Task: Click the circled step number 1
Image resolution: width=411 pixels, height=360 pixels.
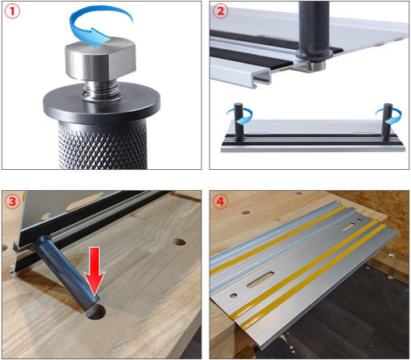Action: click(x=12, y=11)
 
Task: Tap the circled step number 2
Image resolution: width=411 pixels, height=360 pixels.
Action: click(x=220, y=11)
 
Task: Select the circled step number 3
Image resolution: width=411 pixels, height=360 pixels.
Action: click(x=12, y=201)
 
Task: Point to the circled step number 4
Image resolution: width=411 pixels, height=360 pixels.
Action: click(x=220, y=201)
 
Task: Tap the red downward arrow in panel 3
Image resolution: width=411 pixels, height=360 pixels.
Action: click(x=94, y=271)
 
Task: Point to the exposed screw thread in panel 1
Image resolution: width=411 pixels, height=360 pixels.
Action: click(x=101, y=90)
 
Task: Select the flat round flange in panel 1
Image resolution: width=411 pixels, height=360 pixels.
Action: click(x=102, y=103)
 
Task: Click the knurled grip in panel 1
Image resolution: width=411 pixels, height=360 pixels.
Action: click(x=102, y=146)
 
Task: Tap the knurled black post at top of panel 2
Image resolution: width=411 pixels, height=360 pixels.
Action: click(x=313, y=30)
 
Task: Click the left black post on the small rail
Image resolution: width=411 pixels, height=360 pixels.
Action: click(x=239, y=121)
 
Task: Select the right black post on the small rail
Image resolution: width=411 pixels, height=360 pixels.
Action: click(x=388, y=122)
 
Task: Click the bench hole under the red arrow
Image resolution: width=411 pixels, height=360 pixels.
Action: click(x=96, y=312)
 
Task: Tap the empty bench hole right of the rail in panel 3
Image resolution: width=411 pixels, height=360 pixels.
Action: click(x=179, y=242)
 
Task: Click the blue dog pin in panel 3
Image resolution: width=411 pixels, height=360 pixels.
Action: click(x=67, y=271)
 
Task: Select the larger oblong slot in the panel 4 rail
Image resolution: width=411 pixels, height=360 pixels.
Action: click(x=260, y=279)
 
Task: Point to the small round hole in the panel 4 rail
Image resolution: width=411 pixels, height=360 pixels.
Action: click(x=234, y=296)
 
